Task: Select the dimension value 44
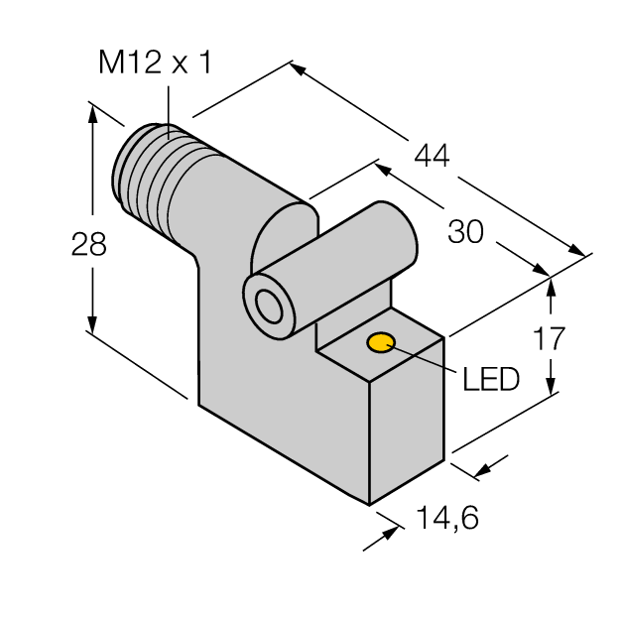(431, 156)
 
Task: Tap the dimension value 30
(465, 232)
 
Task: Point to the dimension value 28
(89, 245)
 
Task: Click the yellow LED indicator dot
(381, 344)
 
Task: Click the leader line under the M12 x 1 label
(169, 105)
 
